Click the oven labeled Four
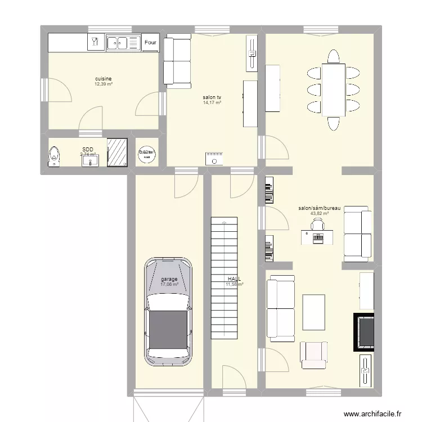point(150,42)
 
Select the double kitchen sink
point(123,42)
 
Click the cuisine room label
point(103,79)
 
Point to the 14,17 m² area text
point(212,103)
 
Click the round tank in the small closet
point(147,153)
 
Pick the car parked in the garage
point(168,312)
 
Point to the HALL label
point(234,279)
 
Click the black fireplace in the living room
point(363,332)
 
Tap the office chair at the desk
point(317,225)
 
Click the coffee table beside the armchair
point(314,312)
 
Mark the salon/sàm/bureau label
point(320,208)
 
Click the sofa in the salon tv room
point(177,61)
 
